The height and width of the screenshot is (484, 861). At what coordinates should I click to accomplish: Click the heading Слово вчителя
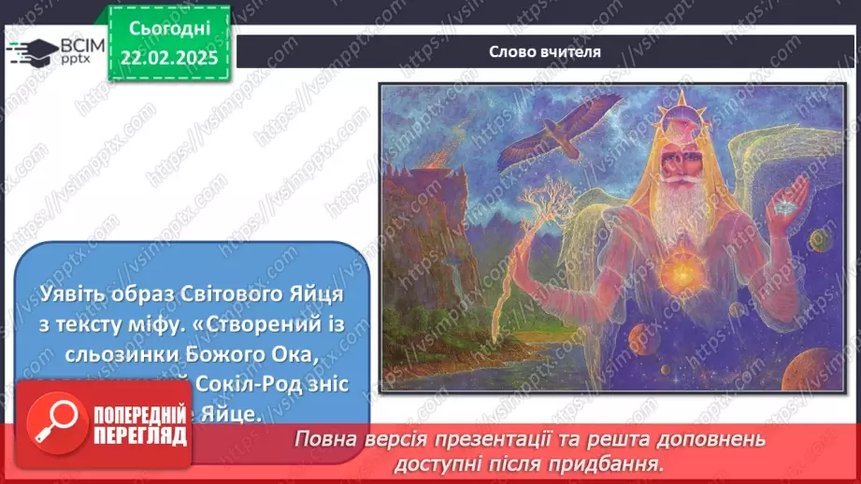pos(544,52)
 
